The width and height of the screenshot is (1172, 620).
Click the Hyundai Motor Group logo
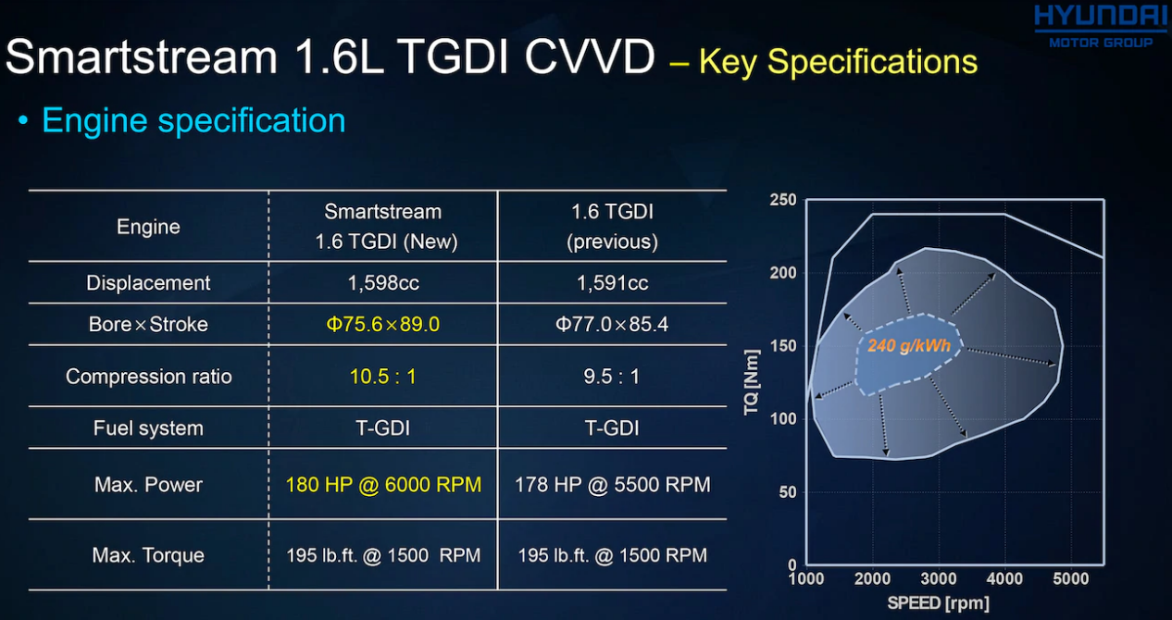[x=1100, y=26]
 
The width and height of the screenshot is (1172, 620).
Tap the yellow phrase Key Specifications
[x=838, y=62]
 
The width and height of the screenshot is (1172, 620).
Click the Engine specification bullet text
[x=193, y=121]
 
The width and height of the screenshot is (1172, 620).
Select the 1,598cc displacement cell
[x=383, y=283]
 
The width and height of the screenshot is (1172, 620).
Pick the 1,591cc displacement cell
[x=612, y=283]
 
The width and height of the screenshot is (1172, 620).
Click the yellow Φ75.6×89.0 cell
[x=382, y=325]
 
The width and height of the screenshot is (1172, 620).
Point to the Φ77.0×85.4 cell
[x=612, y=325]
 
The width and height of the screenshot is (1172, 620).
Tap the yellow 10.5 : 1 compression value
[x=382, y=377]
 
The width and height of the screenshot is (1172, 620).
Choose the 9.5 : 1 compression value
[x=612, y=377]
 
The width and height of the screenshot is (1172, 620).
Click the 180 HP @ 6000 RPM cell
[x=383, y=485]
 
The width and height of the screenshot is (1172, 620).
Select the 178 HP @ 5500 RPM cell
[x=612, y=485]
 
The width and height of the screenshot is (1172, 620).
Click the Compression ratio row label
[x=148, y=377]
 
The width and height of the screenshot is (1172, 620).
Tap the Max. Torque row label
[x=148, y=555]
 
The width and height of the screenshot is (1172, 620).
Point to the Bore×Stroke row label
[x=148, y=325]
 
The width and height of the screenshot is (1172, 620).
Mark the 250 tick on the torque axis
[x=782, y=200]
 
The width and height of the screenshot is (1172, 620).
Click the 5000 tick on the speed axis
[x=1071, y=579]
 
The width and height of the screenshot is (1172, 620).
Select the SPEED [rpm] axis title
[x=938, y=604]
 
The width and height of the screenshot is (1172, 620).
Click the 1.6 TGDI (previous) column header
[x=612, y=227]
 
